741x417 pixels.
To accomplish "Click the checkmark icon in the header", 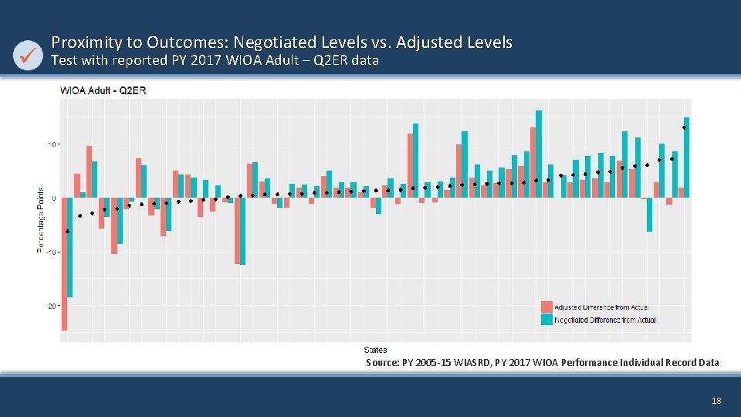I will pyautogui.click(x=29, y=55).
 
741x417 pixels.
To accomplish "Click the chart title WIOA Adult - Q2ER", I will pyautogui.click(x=103, y=90).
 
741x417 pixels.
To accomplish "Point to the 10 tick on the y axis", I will pyautogui.click(x=53, y=144).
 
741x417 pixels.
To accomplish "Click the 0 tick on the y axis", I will pyautogui.click(x=55, y=198).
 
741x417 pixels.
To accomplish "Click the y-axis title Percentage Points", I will pyautogui.click(x=40, y=220).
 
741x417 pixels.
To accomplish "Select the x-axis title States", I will pyautogui.click(x=376, y=350).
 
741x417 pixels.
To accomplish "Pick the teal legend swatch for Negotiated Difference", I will pyautogui.click(x=547, y=319).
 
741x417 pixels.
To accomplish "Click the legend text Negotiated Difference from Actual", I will pyautogui.click(x=605, y=320).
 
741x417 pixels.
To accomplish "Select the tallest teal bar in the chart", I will pyautogui.click(x=539, y=154).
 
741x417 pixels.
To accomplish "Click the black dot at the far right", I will pyautogui.click(x=685, y=127).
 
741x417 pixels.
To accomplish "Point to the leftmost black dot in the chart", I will pyautogui.click(x=67, y=231).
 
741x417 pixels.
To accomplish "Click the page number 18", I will pyautogui.click(x=716, y=401).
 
